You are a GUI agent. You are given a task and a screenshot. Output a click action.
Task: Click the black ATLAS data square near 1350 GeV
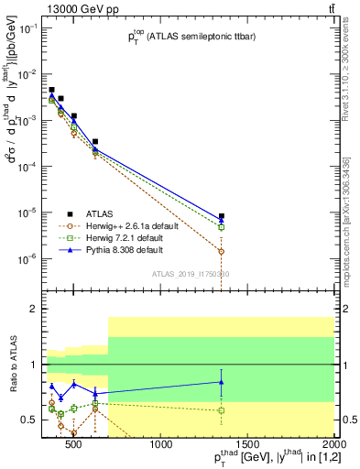tap(222, 217)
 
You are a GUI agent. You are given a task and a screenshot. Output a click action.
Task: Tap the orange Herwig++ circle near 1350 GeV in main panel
tap(222, 251)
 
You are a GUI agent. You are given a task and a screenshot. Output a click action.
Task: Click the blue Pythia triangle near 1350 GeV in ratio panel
tap(222, 382)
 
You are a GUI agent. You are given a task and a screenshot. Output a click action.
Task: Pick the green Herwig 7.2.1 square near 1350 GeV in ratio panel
tap(222, 410)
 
